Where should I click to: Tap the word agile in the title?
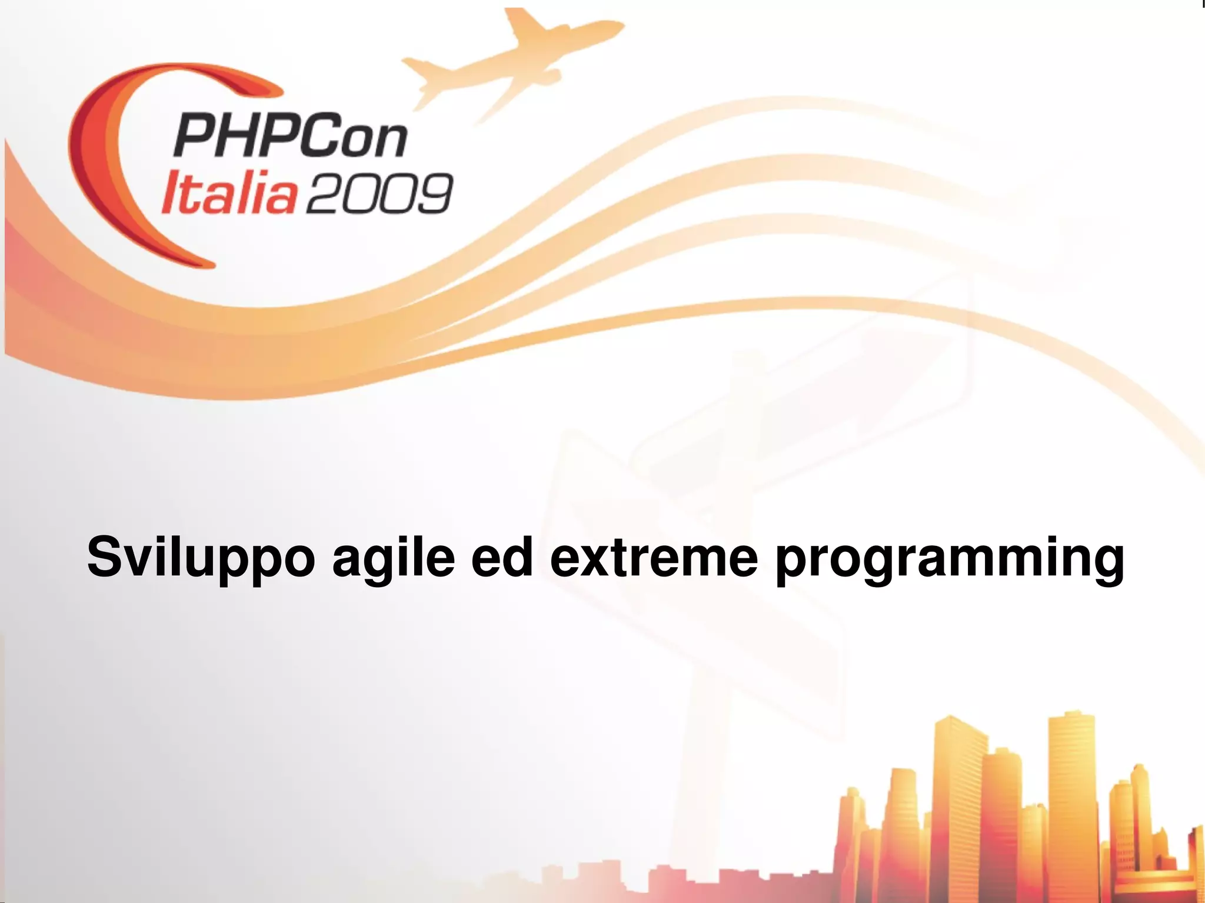pyautogui.click(x=392, y=557)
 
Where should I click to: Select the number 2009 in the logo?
pyautogui.click(x=380, y=193)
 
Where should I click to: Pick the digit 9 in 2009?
pyautogui.click(x=432, y=193)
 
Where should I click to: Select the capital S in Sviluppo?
pyautogui.click(x=105, y=556)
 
